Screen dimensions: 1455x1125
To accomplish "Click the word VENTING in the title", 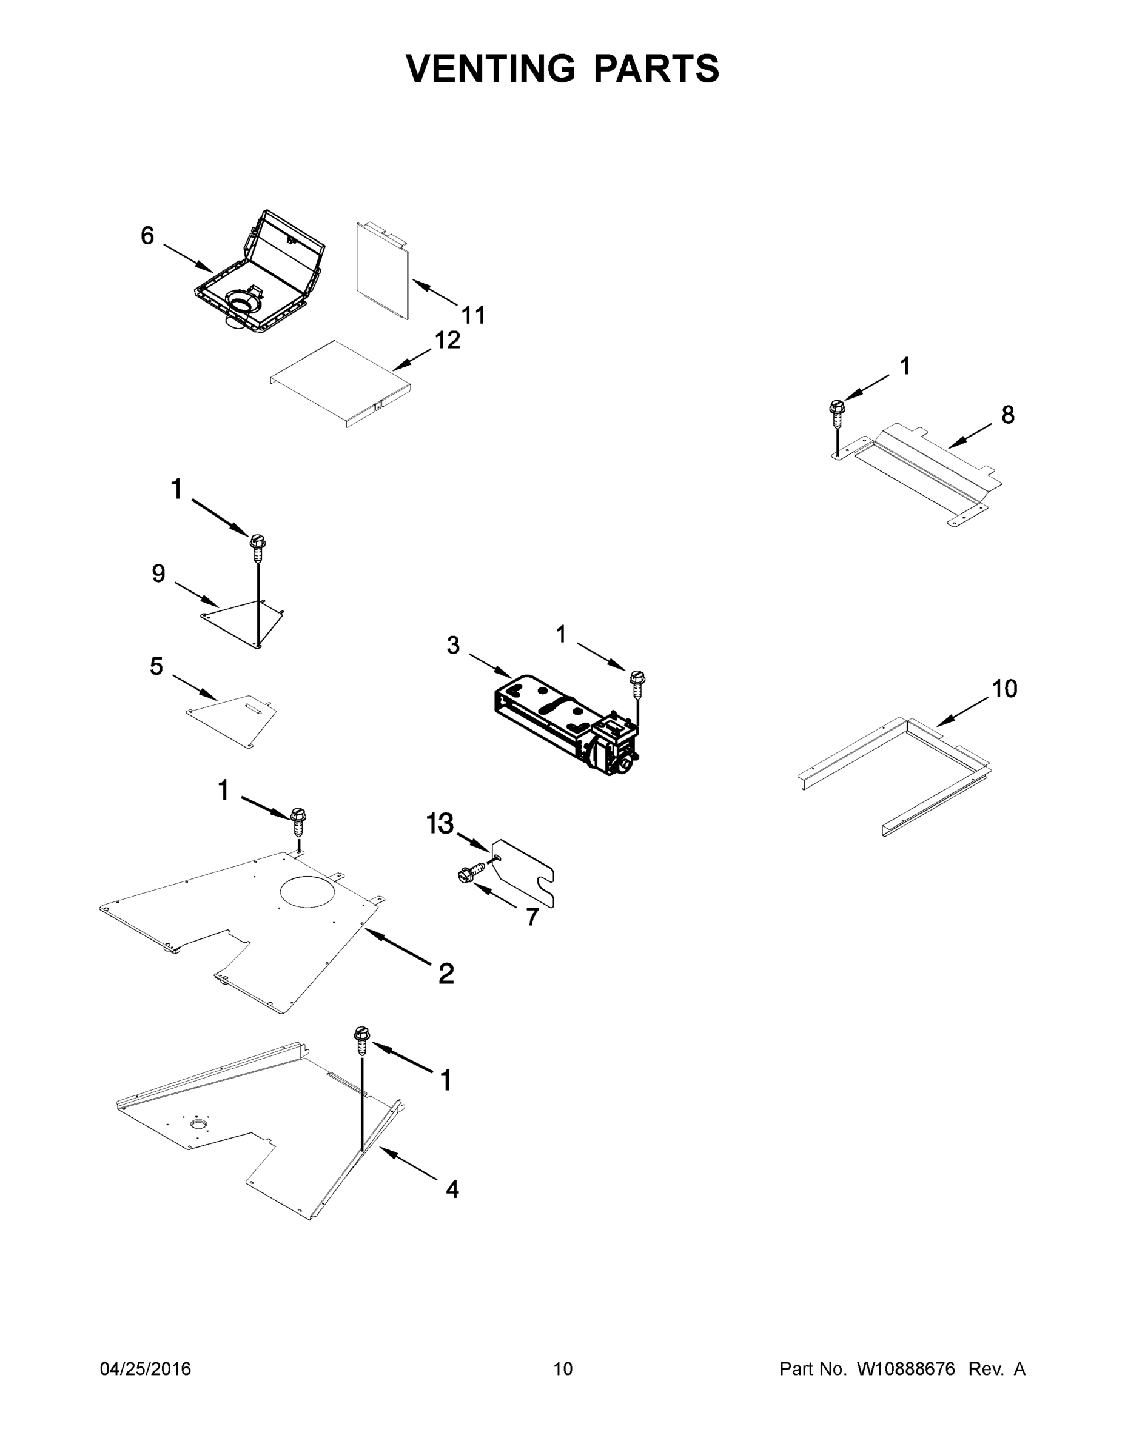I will (x=491, y=69).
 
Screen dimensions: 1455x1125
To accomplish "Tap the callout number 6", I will (x=147, y=235).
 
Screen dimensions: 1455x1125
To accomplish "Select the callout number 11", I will (x=473, y=315).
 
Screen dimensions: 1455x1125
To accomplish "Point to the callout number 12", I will (x=448, y=341).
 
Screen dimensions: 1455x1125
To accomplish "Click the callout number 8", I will (x=1008, y=415).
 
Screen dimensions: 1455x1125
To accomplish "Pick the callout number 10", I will (x=1004, y=688).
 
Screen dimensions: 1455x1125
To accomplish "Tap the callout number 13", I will (x=440, y=824).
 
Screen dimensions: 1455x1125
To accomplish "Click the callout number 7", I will (x=532, y=917).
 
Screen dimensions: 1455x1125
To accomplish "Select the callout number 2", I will (x=446, y=973).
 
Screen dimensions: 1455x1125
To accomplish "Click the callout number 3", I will (x=453, y=645).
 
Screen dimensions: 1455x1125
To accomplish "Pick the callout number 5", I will (x=156, y=666).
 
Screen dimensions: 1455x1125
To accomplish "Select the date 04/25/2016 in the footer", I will (x=146, y=1368).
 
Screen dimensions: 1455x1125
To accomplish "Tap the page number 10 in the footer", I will (x=563, y=1368).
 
